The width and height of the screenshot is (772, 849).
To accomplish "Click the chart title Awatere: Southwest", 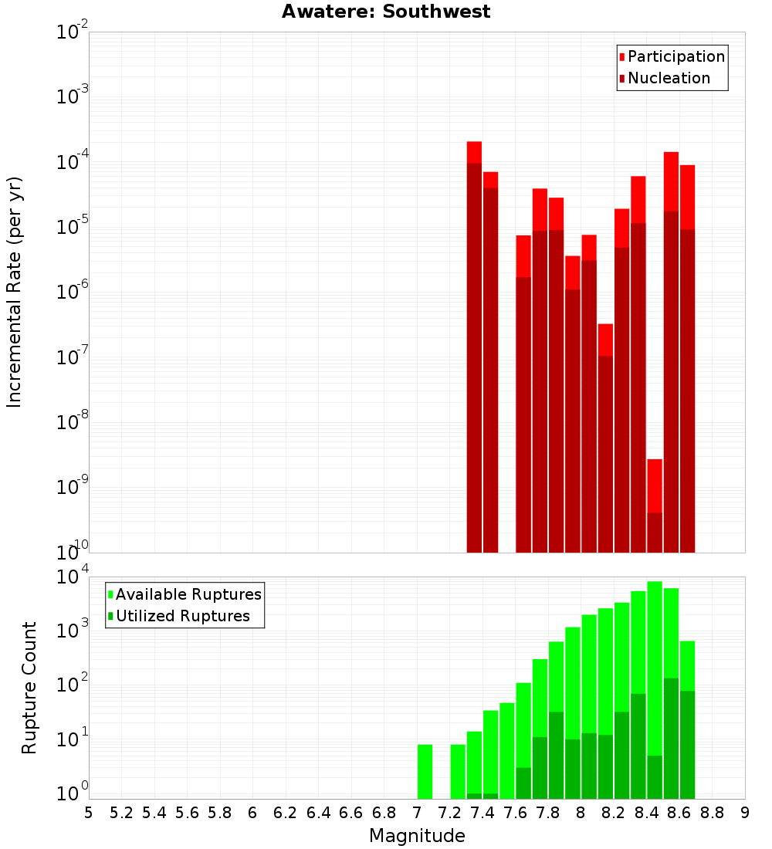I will click(x=386, y=12).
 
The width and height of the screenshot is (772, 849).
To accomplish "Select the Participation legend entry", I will click(x=675, y=57).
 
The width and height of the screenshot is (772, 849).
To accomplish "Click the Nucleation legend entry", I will click(x=668, y=79).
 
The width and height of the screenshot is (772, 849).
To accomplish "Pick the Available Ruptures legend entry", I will click(x=188, y=595).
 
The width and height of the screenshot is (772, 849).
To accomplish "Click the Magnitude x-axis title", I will click(x=417, y=836).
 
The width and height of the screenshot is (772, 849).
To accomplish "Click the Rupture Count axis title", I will click(x=29, y=687).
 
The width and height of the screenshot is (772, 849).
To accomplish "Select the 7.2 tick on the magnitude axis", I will click(x=449, y=813).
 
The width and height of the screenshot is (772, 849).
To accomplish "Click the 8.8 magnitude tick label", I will click(x=712, y=813).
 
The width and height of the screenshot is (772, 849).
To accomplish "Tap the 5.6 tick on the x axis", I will click(x=187, y=813).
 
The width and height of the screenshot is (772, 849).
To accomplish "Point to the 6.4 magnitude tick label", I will click(x=318, y=813).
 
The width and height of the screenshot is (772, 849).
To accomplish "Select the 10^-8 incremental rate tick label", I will click(x=73, y=422).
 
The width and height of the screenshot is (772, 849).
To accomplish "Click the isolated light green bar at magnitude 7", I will click(x=425, y=771).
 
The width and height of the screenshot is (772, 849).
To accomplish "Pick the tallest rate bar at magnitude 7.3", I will click(x=474, y=347).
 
